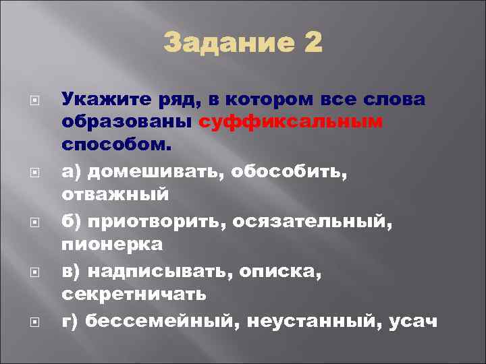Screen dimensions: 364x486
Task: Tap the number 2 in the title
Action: coord(314,45)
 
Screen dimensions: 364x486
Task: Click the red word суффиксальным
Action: coord(291,122)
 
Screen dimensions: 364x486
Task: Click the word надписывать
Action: coord(161,271)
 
